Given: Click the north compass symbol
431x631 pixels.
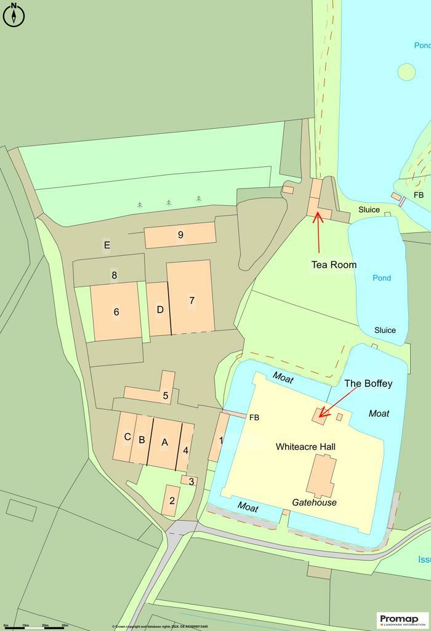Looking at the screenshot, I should (x=14, y=15).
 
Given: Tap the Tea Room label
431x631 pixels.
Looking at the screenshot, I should (x=334, y=265).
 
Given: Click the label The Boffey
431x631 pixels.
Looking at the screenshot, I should (x=368, y=384).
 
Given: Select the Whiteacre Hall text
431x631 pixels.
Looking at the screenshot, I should (x=306, y=446).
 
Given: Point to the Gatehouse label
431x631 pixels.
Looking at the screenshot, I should (x=314, y=502).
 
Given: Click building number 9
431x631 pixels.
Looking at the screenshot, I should (x=180, y=235).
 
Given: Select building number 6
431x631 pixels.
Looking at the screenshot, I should (x=116, y=312).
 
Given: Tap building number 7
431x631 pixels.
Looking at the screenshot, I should (x=191, y=300).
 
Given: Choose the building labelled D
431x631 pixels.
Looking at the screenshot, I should (x=160, y=309).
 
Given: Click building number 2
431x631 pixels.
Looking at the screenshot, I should (x=172, y=500).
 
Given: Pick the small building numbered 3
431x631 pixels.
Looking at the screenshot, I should (x=191, y=481).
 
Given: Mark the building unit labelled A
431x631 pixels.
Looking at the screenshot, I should (x=164, y=442).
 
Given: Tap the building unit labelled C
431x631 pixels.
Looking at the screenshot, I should (x=127, y=437).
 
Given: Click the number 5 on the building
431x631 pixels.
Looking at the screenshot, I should (x=166, y=396).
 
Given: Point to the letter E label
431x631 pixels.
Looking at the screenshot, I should (x=107, y=245).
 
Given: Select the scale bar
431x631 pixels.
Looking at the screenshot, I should (x=36, y=627).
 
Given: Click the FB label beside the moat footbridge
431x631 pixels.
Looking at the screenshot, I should (x=254, y=418).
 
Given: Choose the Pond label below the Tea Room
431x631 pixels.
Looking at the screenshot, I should (x=382, y=278).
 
